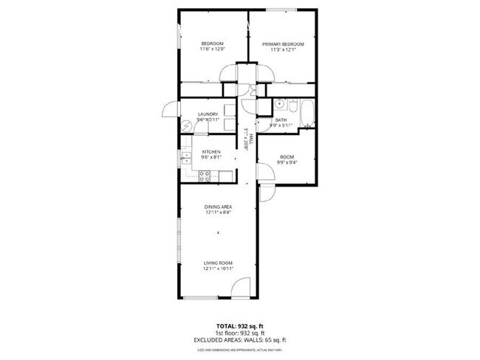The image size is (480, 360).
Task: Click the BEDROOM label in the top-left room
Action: point(212,44)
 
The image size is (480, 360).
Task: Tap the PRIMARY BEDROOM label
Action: point(283,44)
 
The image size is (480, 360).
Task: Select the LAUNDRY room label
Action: point(208,114)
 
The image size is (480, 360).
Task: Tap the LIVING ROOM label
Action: point(219,263)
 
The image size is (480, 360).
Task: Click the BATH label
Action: point(281,120)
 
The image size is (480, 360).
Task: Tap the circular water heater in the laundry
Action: point(188,125)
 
